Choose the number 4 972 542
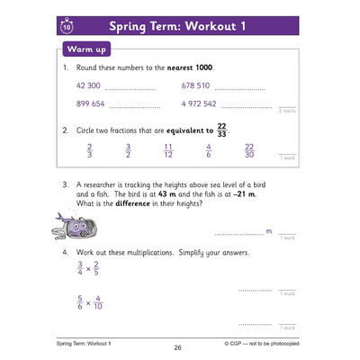click(x=199, y=104)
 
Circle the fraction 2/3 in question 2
click(x=89, y=149)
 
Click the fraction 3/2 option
click(x=129, y=149)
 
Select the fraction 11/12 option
click(x=168, y=149)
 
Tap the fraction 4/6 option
click(x=209, y=149)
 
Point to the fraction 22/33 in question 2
click(x=222, y=130)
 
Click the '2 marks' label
click(x=286, y=110)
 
